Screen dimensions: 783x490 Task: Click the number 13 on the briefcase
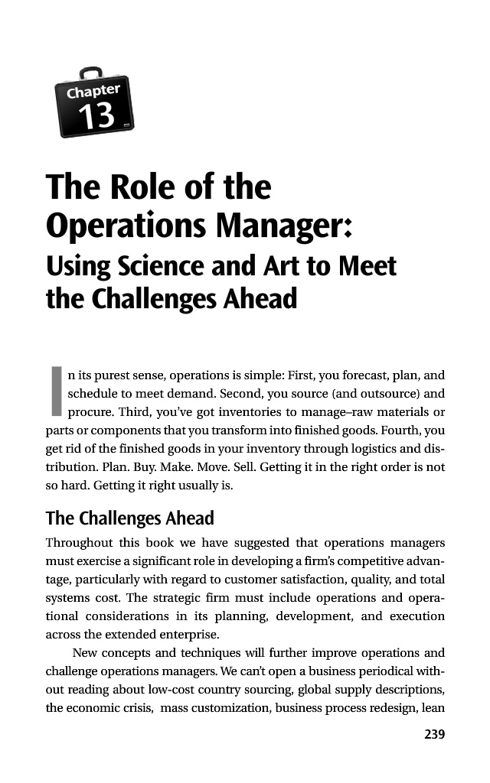(x=97, y=116)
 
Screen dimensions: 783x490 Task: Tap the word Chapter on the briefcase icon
(x=93, y=92)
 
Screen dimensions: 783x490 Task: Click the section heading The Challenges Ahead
(x=130, y=518)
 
